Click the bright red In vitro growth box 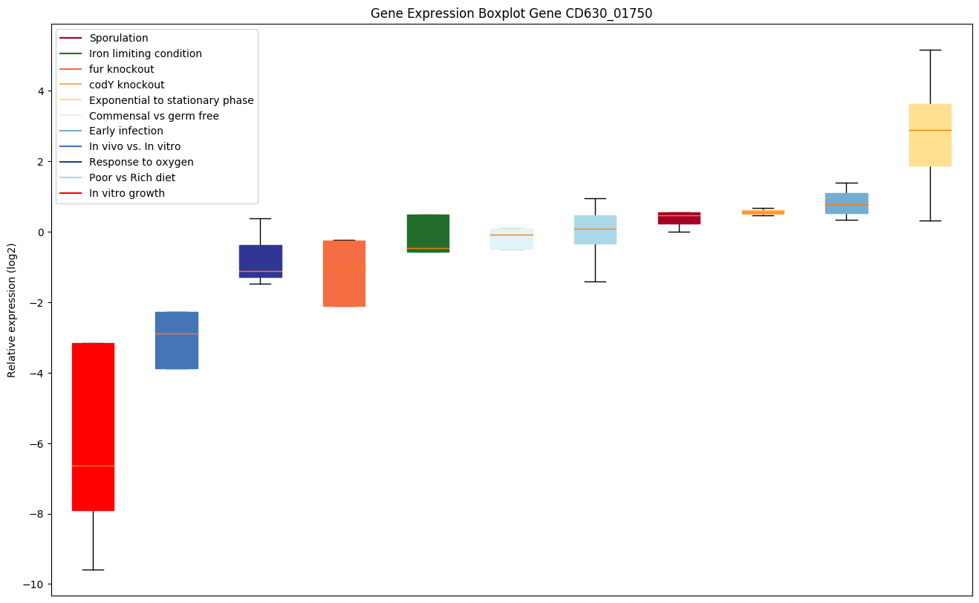click(93, 426)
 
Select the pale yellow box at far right click(930, 135)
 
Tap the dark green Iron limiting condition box click(428, 233)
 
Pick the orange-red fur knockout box click(344, 273)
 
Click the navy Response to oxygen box click(260, 261)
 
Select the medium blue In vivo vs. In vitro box click(176, 340)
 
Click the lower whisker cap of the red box click(93, 570)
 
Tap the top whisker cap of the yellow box click(930, 50)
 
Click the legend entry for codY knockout click(126, 85)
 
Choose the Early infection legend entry click(126, 131)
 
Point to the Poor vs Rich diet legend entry click(131, 177)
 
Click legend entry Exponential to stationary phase click(171, 100)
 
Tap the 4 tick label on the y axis click(42, 91)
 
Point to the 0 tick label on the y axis click(42, 232)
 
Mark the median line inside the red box click(93, 466)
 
